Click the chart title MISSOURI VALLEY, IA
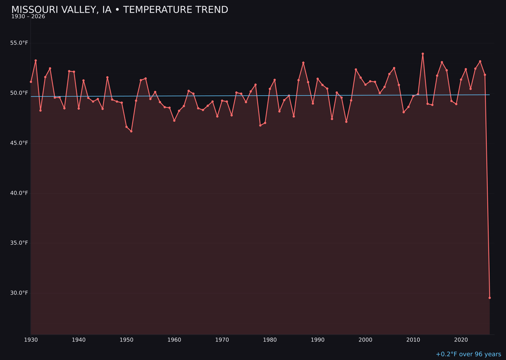point(61,10)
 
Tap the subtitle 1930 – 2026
point(28,17)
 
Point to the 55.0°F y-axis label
point(19,43)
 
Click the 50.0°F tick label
point(19,93)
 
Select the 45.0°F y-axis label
point(19,143)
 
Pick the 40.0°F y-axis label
point(19,193)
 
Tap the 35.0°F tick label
point(19,243)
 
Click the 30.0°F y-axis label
point(19,293)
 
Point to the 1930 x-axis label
point(31,339)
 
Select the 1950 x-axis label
point(126,339)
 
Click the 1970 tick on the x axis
point(222,339)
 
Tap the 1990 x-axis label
point(318,339)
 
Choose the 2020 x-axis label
point(461,339)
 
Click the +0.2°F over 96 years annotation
point(468,354)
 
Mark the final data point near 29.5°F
point(490,298)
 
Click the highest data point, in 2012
point(423,54)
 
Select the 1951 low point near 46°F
point(131,131)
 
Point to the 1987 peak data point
point(303,63)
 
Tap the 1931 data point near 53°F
point(36,60)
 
